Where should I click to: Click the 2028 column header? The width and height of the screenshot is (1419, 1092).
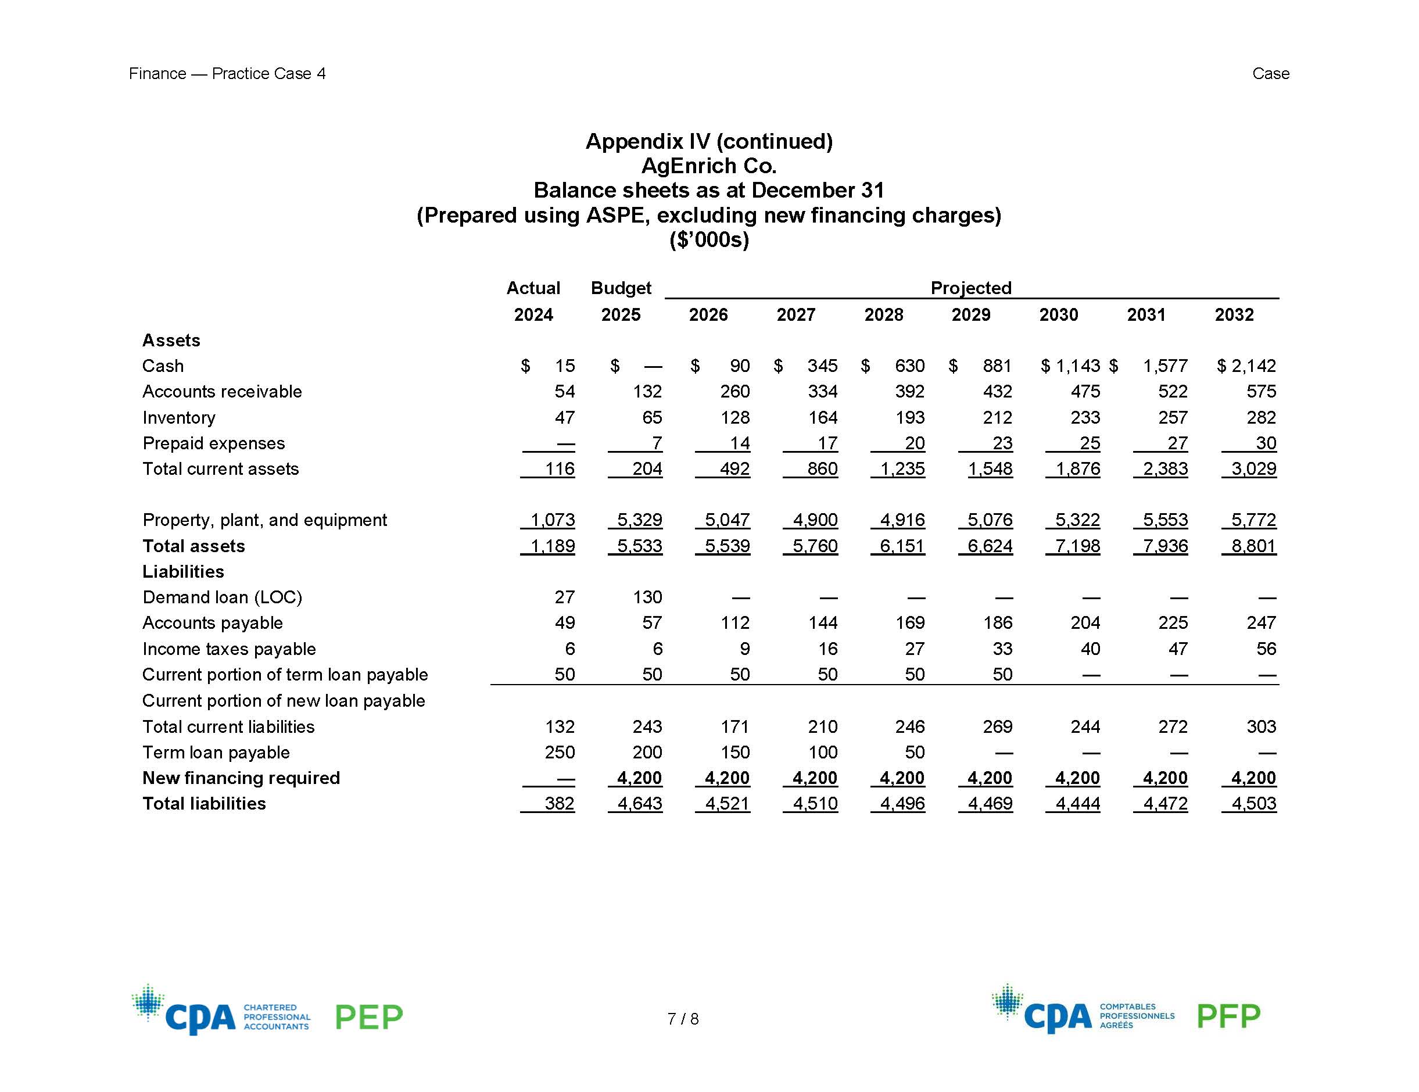pos(883,315)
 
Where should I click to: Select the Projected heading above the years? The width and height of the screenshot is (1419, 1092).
pos(970,288)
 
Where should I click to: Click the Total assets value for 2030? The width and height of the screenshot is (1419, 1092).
pos(1077,546)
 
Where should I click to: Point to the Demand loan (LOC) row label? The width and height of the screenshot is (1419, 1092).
pos(222,597)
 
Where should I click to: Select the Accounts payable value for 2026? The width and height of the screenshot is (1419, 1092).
pos(735,622)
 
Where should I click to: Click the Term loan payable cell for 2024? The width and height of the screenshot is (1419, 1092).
pos(560,752)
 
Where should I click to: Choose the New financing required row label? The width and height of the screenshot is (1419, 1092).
pos(241,778)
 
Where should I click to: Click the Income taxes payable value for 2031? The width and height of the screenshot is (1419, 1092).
pos(1177,649)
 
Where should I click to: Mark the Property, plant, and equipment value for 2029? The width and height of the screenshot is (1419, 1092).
pos(990,520)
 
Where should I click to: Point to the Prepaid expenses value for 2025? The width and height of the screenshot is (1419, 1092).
pos(656,443)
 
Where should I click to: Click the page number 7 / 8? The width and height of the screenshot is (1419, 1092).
pos(683,1019)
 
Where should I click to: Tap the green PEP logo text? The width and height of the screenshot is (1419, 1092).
pos(368,1017)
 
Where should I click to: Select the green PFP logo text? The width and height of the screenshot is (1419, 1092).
pos(1228,1016)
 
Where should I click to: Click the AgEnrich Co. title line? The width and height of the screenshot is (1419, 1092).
pos(709,166)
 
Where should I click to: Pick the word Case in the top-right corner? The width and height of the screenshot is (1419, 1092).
pos(1270,73)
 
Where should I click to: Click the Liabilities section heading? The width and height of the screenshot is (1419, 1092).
pos(183,571)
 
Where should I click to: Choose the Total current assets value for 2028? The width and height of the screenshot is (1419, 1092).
pos(902,468)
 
